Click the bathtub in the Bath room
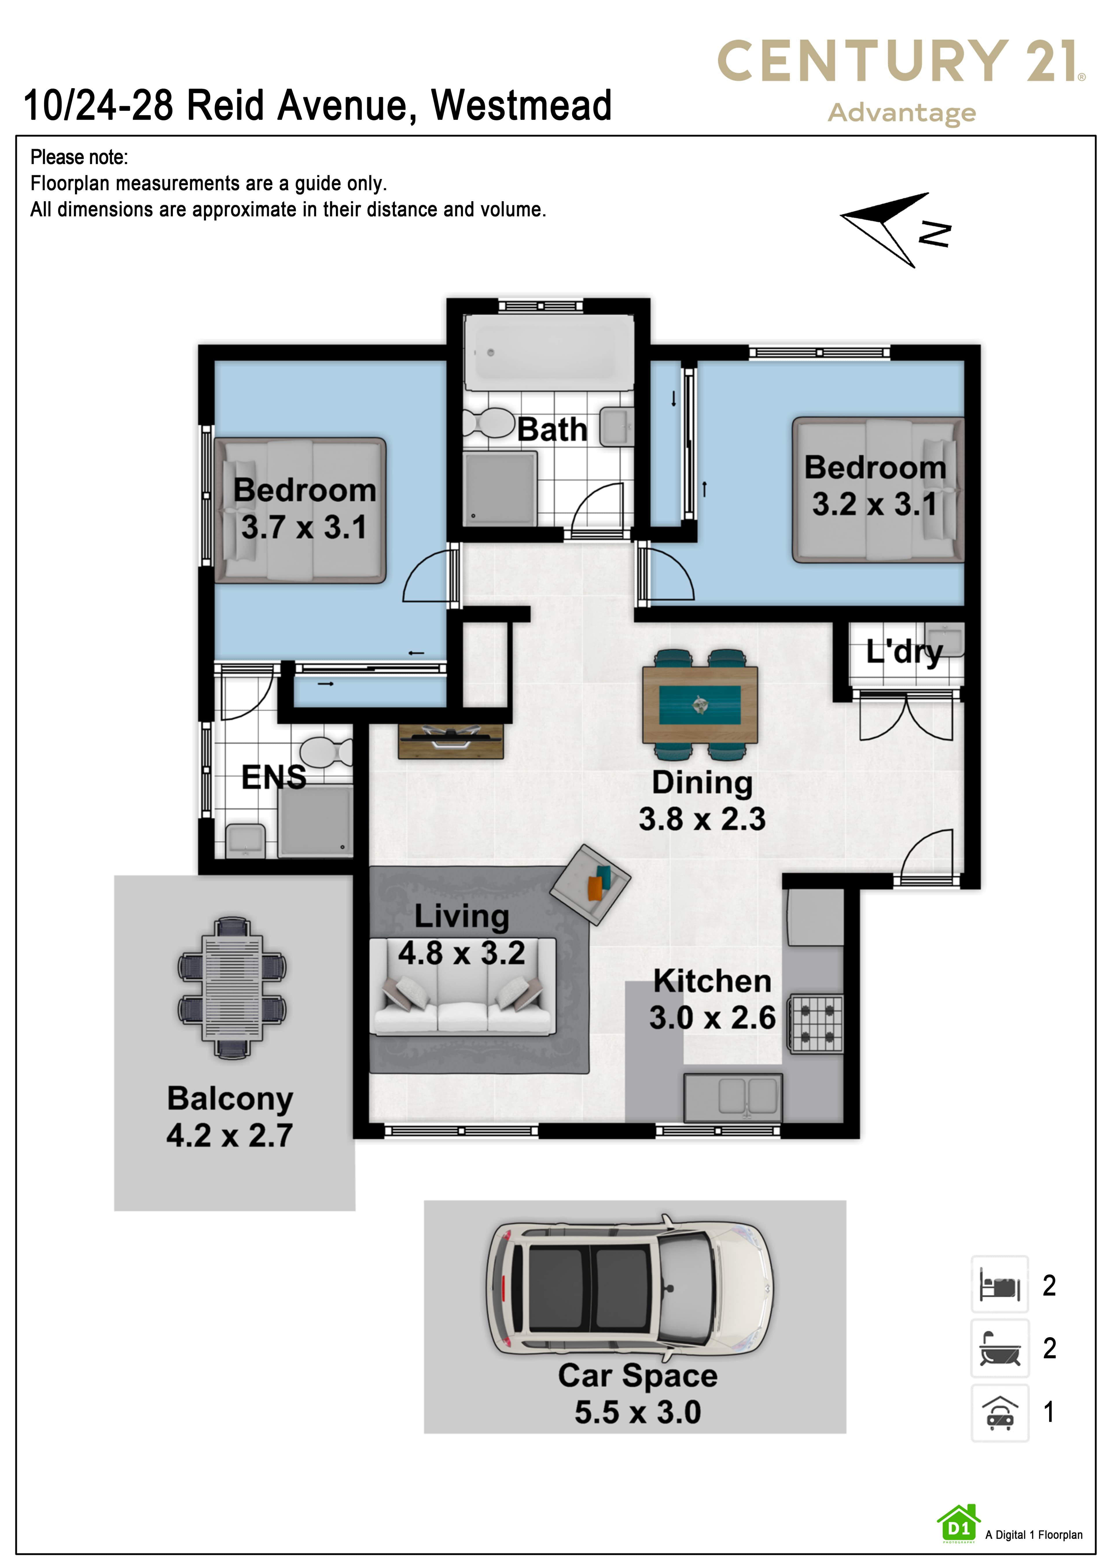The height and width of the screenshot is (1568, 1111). click(x=549, y=352)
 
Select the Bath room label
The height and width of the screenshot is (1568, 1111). click(x=552, y=430)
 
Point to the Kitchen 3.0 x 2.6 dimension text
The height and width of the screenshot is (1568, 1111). click(x=712, y=1018)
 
